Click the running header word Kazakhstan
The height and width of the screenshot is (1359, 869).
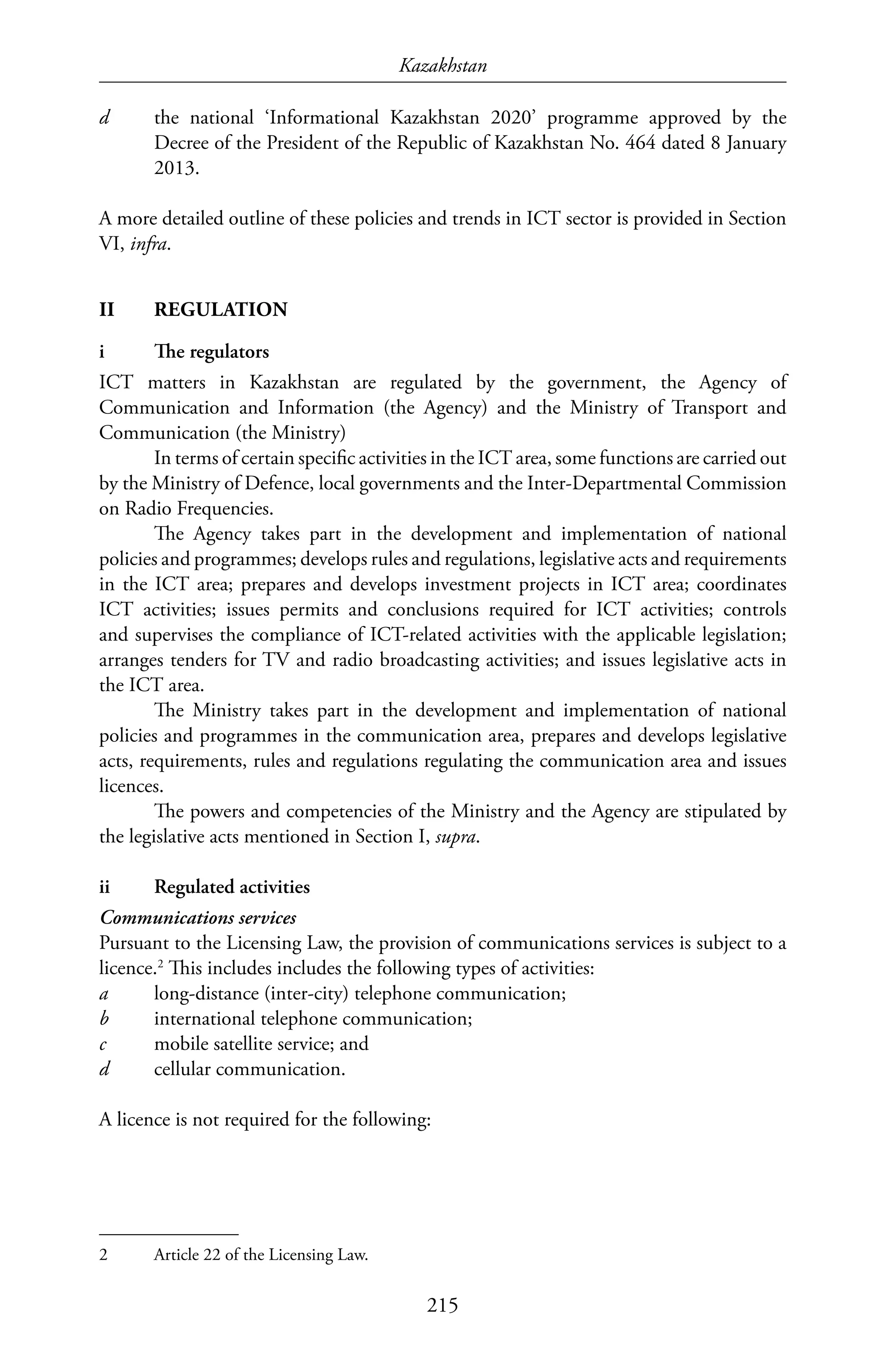(443, 67)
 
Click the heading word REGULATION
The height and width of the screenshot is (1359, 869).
(221, 310)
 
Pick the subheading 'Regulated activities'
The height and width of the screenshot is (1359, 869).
(232, 887)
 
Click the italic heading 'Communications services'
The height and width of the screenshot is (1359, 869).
(198, 918)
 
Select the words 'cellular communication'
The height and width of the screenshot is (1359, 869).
(248, 1069)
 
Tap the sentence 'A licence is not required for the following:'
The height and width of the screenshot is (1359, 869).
(265, 1119)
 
